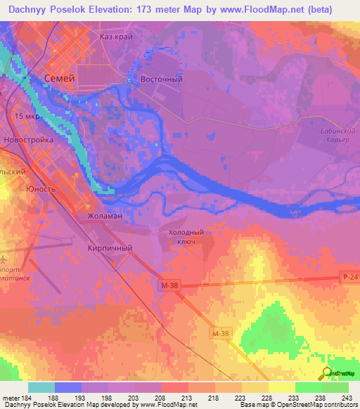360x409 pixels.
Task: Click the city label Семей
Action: pos(59,79)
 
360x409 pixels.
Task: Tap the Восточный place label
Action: pos(162,79)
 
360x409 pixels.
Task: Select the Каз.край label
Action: pos(116,37)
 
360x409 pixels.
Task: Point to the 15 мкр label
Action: pos(28,116)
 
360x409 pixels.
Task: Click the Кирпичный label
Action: pos(110,248)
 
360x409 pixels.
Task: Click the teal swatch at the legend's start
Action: pos(41,387)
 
